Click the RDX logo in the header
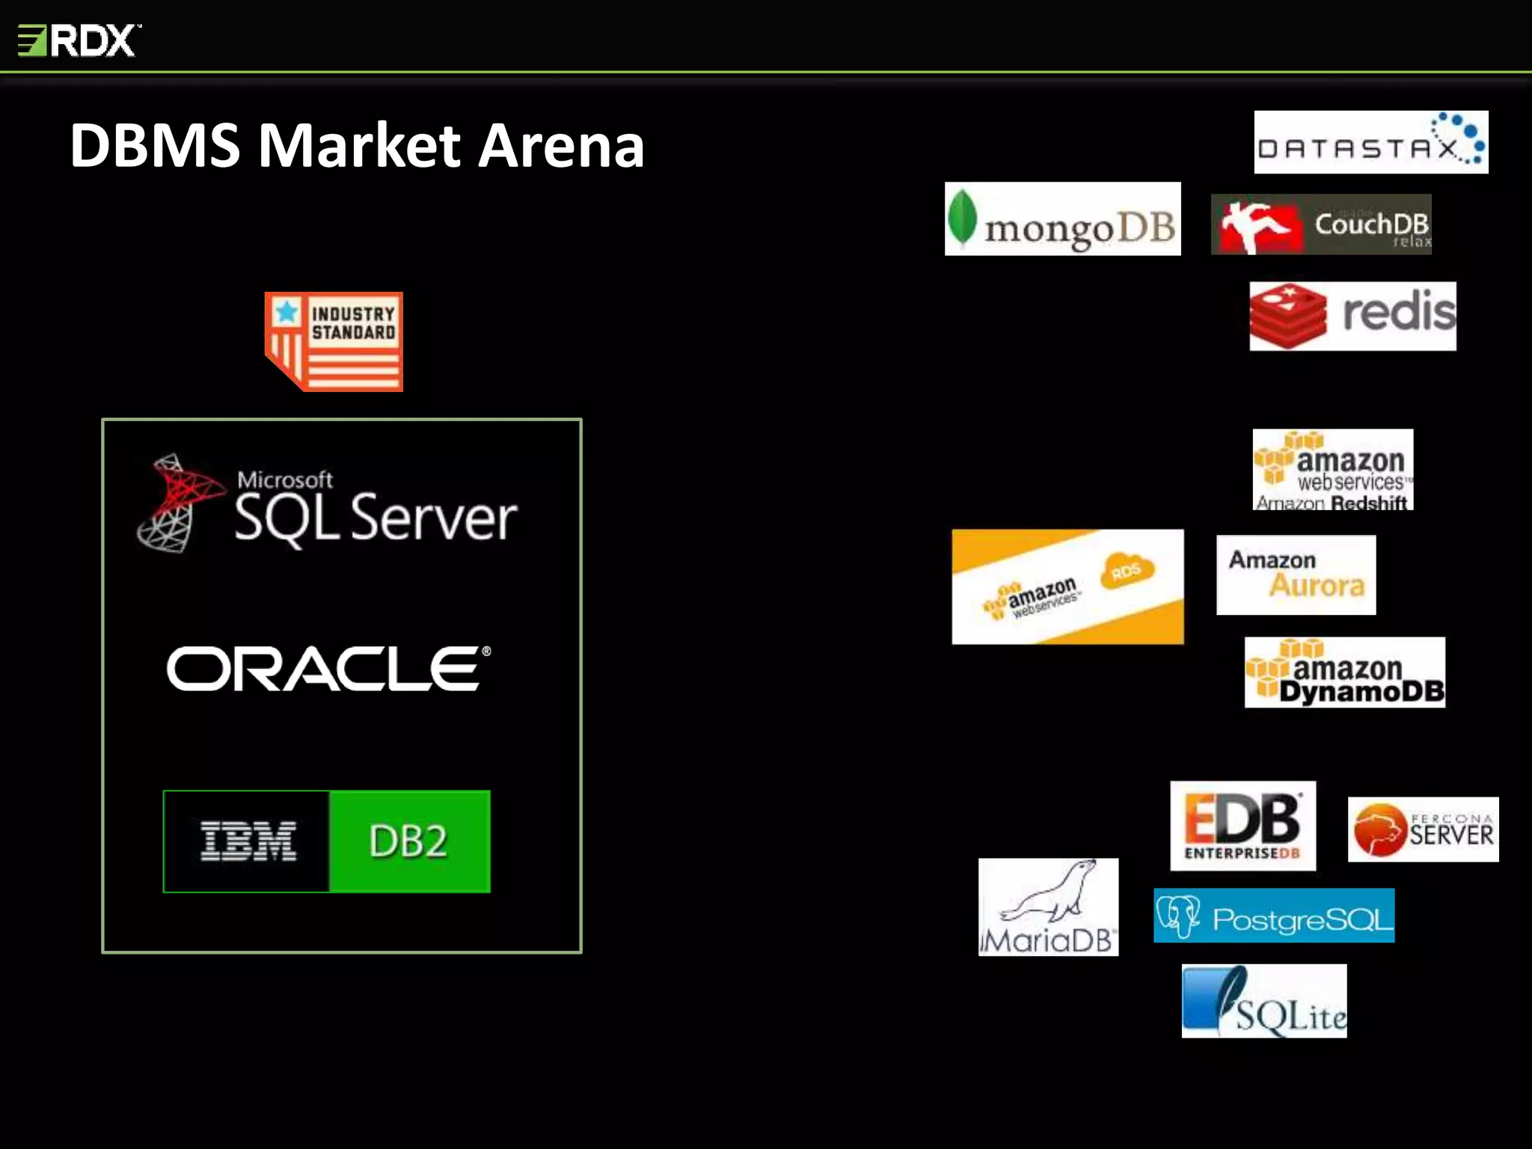pos(79,40)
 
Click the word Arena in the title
pos(561,146)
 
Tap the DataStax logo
pos(1370,143)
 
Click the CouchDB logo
pos(1321,224)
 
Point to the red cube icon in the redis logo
pos(1288,316)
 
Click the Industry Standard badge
pos(334,341)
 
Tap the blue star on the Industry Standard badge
pos(286,311)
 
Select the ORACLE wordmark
pos(328,669)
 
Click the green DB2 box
pos(409,841)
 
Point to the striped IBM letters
pos(248,841)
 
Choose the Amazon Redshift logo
pos(1333,470)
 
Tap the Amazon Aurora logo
pos(1296,574)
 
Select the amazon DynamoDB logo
pos(1344,672)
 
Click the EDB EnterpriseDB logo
pos(1243,825)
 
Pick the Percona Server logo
pos(1423,829)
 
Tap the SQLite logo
pos(1264,1001)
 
